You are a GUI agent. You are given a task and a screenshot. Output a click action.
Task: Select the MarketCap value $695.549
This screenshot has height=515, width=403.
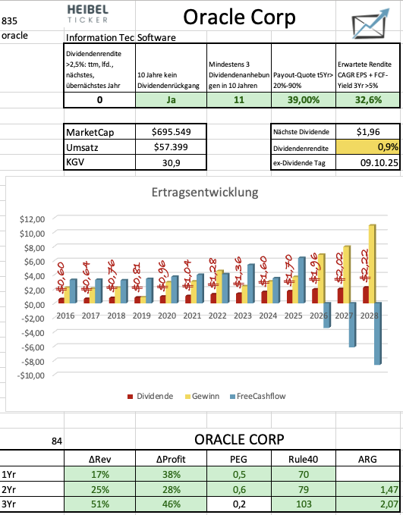[171, 131]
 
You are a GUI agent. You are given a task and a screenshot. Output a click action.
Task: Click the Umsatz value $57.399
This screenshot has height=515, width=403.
[171, 147]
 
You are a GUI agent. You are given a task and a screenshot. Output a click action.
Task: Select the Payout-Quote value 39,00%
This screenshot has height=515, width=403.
[303, 99]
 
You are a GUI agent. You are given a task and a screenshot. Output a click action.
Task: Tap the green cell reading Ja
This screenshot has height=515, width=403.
[171, 99]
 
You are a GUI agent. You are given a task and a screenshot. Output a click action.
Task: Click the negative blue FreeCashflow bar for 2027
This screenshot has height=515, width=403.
[352, 325]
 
